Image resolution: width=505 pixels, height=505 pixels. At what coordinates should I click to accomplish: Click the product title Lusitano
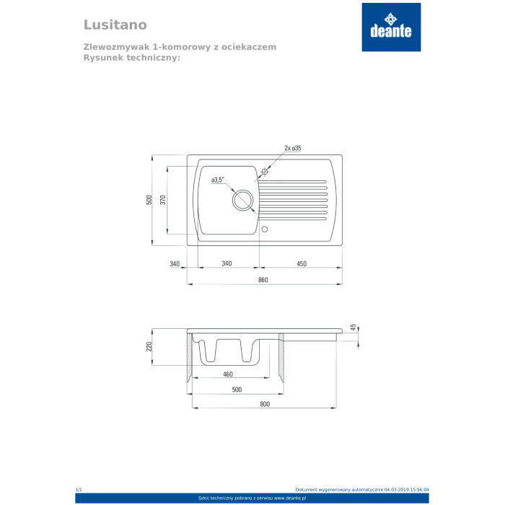click(x=115, y=25)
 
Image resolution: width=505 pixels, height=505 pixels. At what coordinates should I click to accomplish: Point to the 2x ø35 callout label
click(x=293, y=148)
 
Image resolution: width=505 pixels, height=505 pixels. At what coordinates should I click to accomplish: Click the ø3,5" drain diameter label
click(x=219, y=180)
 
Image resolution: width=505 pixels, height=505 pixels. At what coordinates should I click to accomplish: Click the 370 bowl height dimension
click(x=163, y=200)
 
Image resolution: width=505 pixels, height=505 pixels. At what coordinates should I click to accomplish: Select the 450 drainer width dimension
click(x=302, y=264)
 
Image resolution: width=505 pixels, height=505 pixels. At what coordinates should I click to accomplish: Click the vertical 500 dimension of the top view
click(x=149, y=200)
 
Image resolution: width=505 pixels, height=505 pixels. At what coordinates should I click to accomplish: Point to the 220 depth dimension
click(x=150, y=346)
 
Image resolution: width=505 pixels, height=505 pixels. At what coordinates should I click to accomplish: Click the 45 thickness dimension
click(x=353, y=328)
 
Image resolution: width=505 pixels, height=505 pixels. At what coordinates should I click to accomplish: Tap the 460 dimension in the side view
click(x=227, y=374)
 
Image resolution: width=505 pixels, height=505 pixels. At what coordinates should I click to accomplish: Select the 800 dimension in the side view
click(x=264, y=404)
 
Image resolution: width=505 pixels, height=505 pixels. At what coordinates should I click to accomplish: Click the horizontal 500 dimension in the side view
click(x=237, y=390)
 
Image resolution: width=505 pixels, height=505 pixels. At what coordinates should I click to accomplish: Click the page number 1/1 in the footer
click(x=79, y=490)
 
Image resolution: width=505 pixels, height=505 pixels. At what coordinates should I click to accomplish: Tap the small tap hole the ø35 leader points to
click(x=265, y=172)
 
